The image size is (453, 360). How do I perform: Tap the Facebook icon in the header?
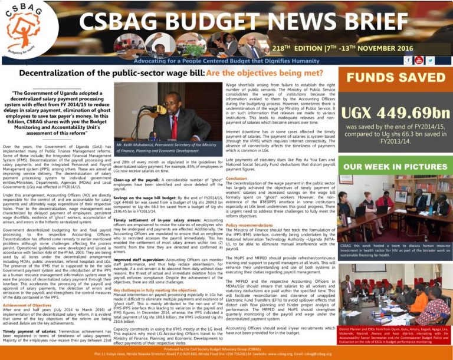[x=409, y=60]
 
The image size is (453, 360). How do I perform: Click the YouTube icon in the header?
[x=419, y=60]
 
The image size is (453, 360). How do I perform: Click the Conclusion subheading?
[x=236, y=178]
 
